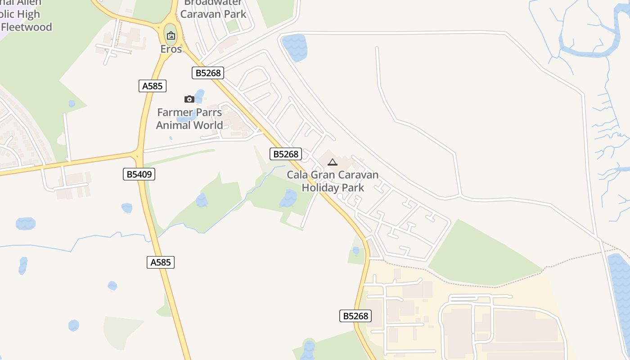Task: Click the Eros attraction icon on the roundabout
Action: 171,36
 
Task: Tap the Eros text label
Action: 171,49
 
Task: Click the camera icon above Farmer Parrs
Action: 189,99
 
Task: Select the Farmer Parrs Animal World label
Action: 189,119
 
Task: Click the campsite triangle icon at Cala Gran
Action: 333,162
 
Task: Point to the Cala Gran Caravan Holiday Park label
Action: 333,181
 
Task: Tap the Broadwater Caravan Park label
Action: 213,9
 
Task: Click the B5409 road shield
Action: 139,174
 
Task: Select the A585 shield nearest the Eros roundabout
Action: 153,86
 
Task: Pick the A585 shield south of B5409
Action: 161,262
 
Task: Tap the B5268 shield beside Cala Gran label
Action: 286,154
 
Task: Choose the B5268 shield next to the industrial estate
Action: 355,316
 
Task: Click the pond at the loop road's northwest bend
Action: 295,47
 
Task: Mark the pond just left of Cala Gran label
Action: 288,198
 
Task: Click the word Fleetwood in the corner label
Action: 27,27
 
